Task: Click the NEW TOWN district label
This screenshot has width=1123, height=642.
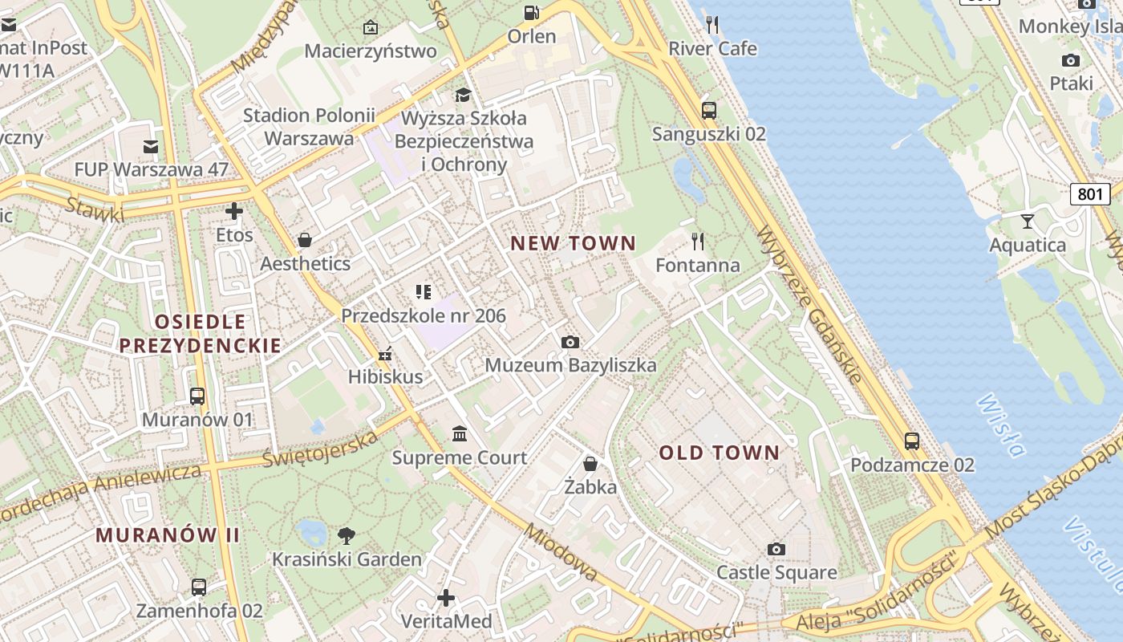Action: [573, 243]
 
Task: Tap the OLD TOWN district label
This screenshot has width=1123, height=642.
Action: [719, 453]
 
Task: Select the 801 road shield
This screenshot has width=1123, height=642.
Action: [1090, 193]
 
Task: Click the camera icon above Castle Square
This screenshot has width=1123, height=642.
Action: [776, 549]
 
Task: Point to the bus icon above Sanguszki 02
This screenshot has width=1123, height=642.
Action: [708, 111]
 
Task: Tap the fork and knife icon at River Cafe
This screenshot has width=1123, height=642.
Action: [712, 25]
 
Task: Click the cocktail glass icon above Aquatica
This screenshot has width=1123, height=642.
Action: [1028, 221]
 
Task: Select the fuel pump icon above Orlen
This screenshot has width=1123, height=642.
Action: [531, 12]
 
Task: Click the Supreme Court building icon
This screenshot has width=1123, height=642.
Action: [460, 434]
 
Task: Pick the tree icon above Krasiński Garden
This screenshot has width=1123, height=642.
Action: [347, 535]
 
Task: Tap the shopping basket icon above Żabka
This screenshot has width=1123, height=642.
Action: [590, 464]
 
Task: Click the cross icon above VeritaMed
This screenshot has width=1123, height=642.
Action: [446, 598]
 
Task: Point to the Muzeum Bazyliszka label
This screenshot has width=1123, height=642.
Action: [570, 366]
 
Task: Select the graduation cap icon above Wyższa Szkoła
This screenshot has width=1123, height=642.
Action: [464, 95]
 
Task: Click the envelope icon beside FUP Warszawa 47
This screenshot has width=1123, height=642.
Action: [151, 146]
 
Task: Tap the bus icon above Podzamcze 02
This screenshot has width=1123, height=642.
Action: [912, 441]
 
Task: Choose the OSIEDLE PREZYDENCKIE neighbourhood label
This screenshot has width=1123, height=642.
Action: [200, 334]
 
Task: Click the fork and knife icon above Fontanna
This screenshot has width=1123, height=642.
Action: [698, 241]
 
